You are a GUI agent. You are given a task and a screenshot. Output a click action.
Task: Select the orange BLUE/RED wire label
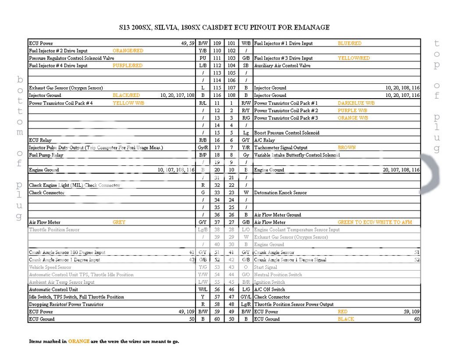[349, 43]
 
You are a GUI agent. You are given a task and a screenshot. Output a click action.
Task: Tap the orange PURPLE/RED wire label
[127, 66]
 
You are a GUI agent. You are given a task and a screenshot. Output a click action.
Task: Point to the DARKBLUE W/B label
[356, 103]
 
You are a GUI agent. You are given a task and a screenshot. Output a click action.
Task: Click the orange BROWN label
[346, 148]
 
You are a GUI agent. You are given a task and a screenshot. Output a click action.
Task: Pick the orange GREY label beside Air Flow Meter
[119, 222]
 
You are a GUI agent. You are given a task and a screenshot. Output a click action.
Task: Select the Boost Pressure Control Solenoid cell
[287, 133]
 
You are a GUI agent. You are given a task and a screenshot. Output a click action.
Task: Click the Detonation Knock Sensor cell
[280, 192]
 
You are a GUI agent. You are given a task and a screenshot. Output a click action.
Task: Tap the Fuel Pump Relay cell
[46, 155]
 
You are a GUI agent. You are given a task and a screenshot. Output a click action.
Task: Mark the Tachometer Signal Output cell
[281, 148]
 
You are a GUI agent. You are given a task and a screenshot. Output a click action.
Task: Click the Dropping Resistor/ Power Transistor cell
[66, 304]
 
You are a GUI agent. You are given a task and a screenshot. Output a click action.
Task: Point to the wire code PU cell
[203, 58]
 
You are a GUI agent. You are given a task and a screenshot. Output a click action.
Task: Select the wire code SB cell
[246, 66]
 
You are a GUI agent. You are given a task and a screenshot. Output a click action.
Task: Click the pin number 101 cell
[232, 43]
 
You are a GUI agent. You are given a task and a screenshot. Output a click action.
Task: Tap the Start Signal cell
[266, 267]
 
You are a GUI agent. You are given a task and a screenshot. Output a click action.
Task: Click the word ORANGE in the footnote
[78, 341]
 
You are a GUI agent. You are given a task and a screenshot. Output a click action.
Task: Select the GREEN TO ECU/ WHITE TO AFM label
[374, 222]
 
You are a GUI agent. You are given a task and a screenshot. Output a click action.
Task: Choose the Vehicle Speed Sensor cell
[50, 267]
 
